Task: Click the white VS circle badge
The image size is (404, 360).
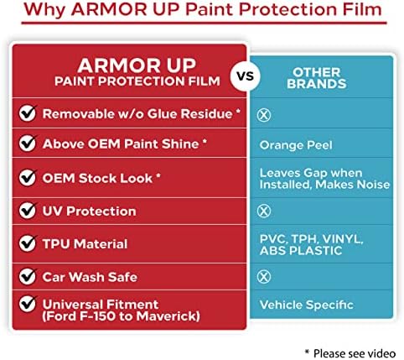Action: tap(245, 76)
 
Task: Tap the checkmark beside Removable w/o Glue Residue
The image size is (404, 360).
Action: tap(28, 113)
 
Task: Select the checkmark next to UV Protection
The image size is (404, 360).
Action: tap(28, 211)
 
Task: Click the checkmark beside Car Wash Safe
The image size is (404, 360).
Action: tap(28, 276)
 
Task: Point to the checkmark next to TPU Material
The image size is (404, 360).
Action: tap(28, 243)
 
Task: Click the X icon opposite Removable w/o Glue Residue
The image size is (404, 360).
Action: tap(264, 115)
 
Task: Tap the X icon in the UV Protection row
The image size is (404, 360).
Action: tap(264, 211)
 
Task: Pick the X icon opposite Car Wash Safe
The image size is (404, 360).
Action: tap(264, 277)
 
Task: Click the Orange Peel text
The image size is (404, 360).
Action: tap(296, 145)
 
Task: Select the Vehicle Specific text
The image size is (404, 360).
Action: tap(307, 305)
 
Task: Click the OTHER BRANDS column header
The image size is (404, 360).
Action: tap(317, 78)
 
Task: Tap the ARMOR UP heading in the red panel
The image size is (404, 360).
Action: tap(137, 65)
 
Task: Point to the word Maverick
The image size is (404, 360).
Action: tap(168, 316)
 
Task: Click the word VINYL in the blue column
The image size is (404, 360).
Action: tap(343, 240)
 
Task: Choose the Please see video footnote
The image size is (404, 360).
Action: tap(350, 353)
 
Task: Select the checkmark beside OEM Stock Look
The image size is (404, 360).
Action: tap(28, 177)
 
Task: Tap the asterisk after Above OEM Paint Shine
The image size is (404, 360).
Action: tap(205, 141)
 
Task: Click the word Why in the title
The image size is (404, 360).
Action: tap(44, 9)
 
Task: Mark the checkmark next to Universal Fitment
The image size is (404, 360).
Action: tap(28, 304)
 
